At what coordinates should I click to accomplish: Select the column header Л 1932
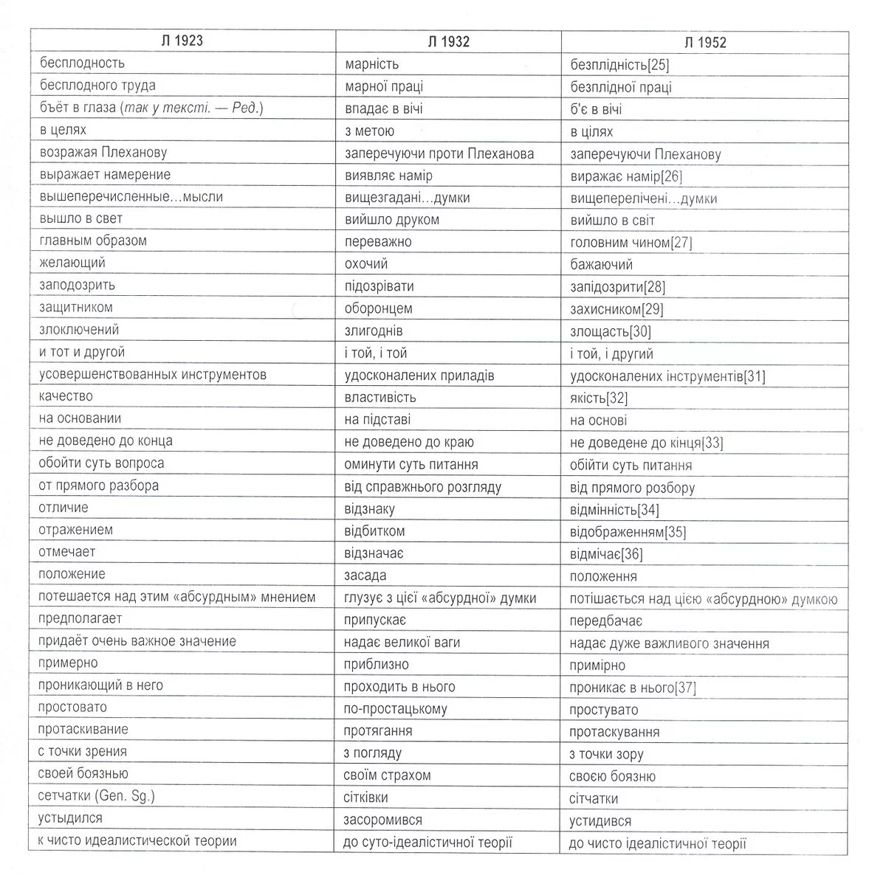click(x=448, y=42)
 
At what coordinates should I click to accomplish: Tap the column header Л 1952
click(x=705, y=43)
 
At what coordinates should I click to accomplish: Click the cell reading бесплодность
click(x=82, y=63)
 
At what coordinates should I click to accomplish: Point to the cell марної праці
click(x=384, y=86)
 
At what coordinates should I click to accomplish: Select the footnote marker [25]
click(x=658, y=65)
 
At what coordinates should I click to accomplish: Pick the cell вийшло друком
click(x=391, y=220)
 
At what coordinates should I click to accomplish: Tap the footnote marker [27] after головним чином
click(x=681, y=243)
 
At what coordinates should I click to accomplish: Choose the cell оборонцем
click(x=378, y=308)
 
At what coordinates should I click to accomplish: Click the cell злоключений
click(x=79, y=330)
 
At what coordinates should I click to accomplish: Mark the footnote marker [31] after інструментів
click(x=755, y=376)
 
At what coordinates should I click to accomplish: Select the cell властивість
click(x=380, y=398)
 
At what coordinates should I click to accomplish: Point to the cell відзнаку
click(x=369, y=509)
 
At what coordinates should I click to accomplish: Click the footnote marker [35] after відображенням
click(x=675, y=532)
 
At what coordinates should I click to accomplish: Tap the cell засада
click(x=365, y=575)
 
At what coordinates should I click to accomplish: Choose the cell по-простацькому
click(x=395, y=709)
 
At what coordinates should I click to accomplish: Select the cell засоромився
click(x=382, y=820)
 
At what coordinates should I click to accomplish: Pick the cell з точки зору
click(x=606, y=754)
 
